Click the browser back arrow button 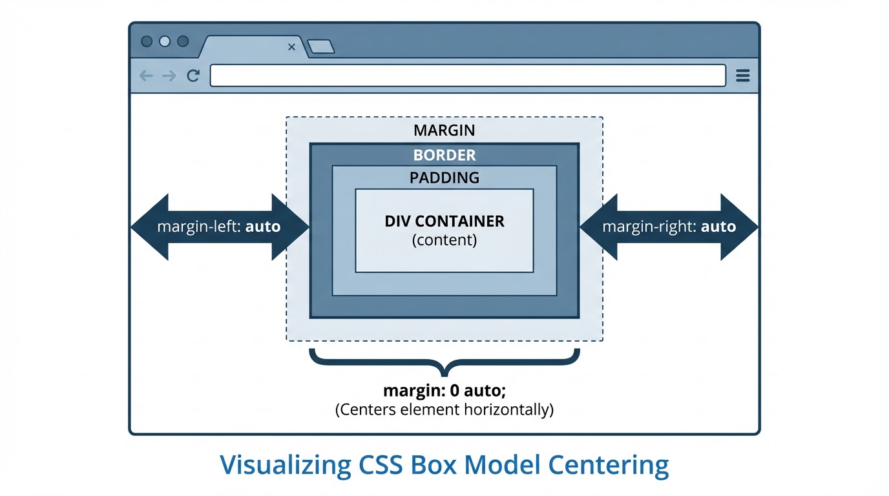(x=147, y=76)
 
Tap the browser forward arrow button (x=169, y=76)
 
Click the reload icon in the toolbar (x=193, y=76)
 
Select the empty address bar (x=468, y=76)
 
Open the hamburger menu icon (x=743, y=76)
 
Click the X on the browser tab (x=291, y=47)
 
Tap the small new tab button (x=320, y=46)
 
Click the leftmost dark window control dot (x=147, y=41)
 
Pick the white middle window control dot (x=165, y=41)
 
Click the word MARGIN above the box (x=444, y=130)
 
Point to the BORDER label (x=444, y=156)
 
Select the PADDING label (x=444, y=178)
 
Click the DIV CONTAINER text (x=444, y=222)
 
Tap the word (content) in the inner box (x=444, y=240)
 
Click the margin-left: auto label (x=219, y=227)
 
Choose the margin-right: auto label (x=669, y=227)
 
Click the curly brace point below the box (x=444, y=373)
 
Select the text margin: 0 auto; (x=444, y=391)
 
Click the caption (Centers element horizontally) (x=444, y=409)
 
